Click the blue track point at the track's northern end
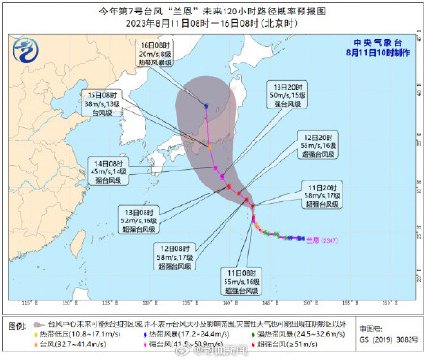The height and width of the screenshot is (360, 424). click(x=206, y=105)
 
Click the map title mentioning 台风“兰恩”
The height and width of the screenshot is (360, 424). click(x=211, y=10)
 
